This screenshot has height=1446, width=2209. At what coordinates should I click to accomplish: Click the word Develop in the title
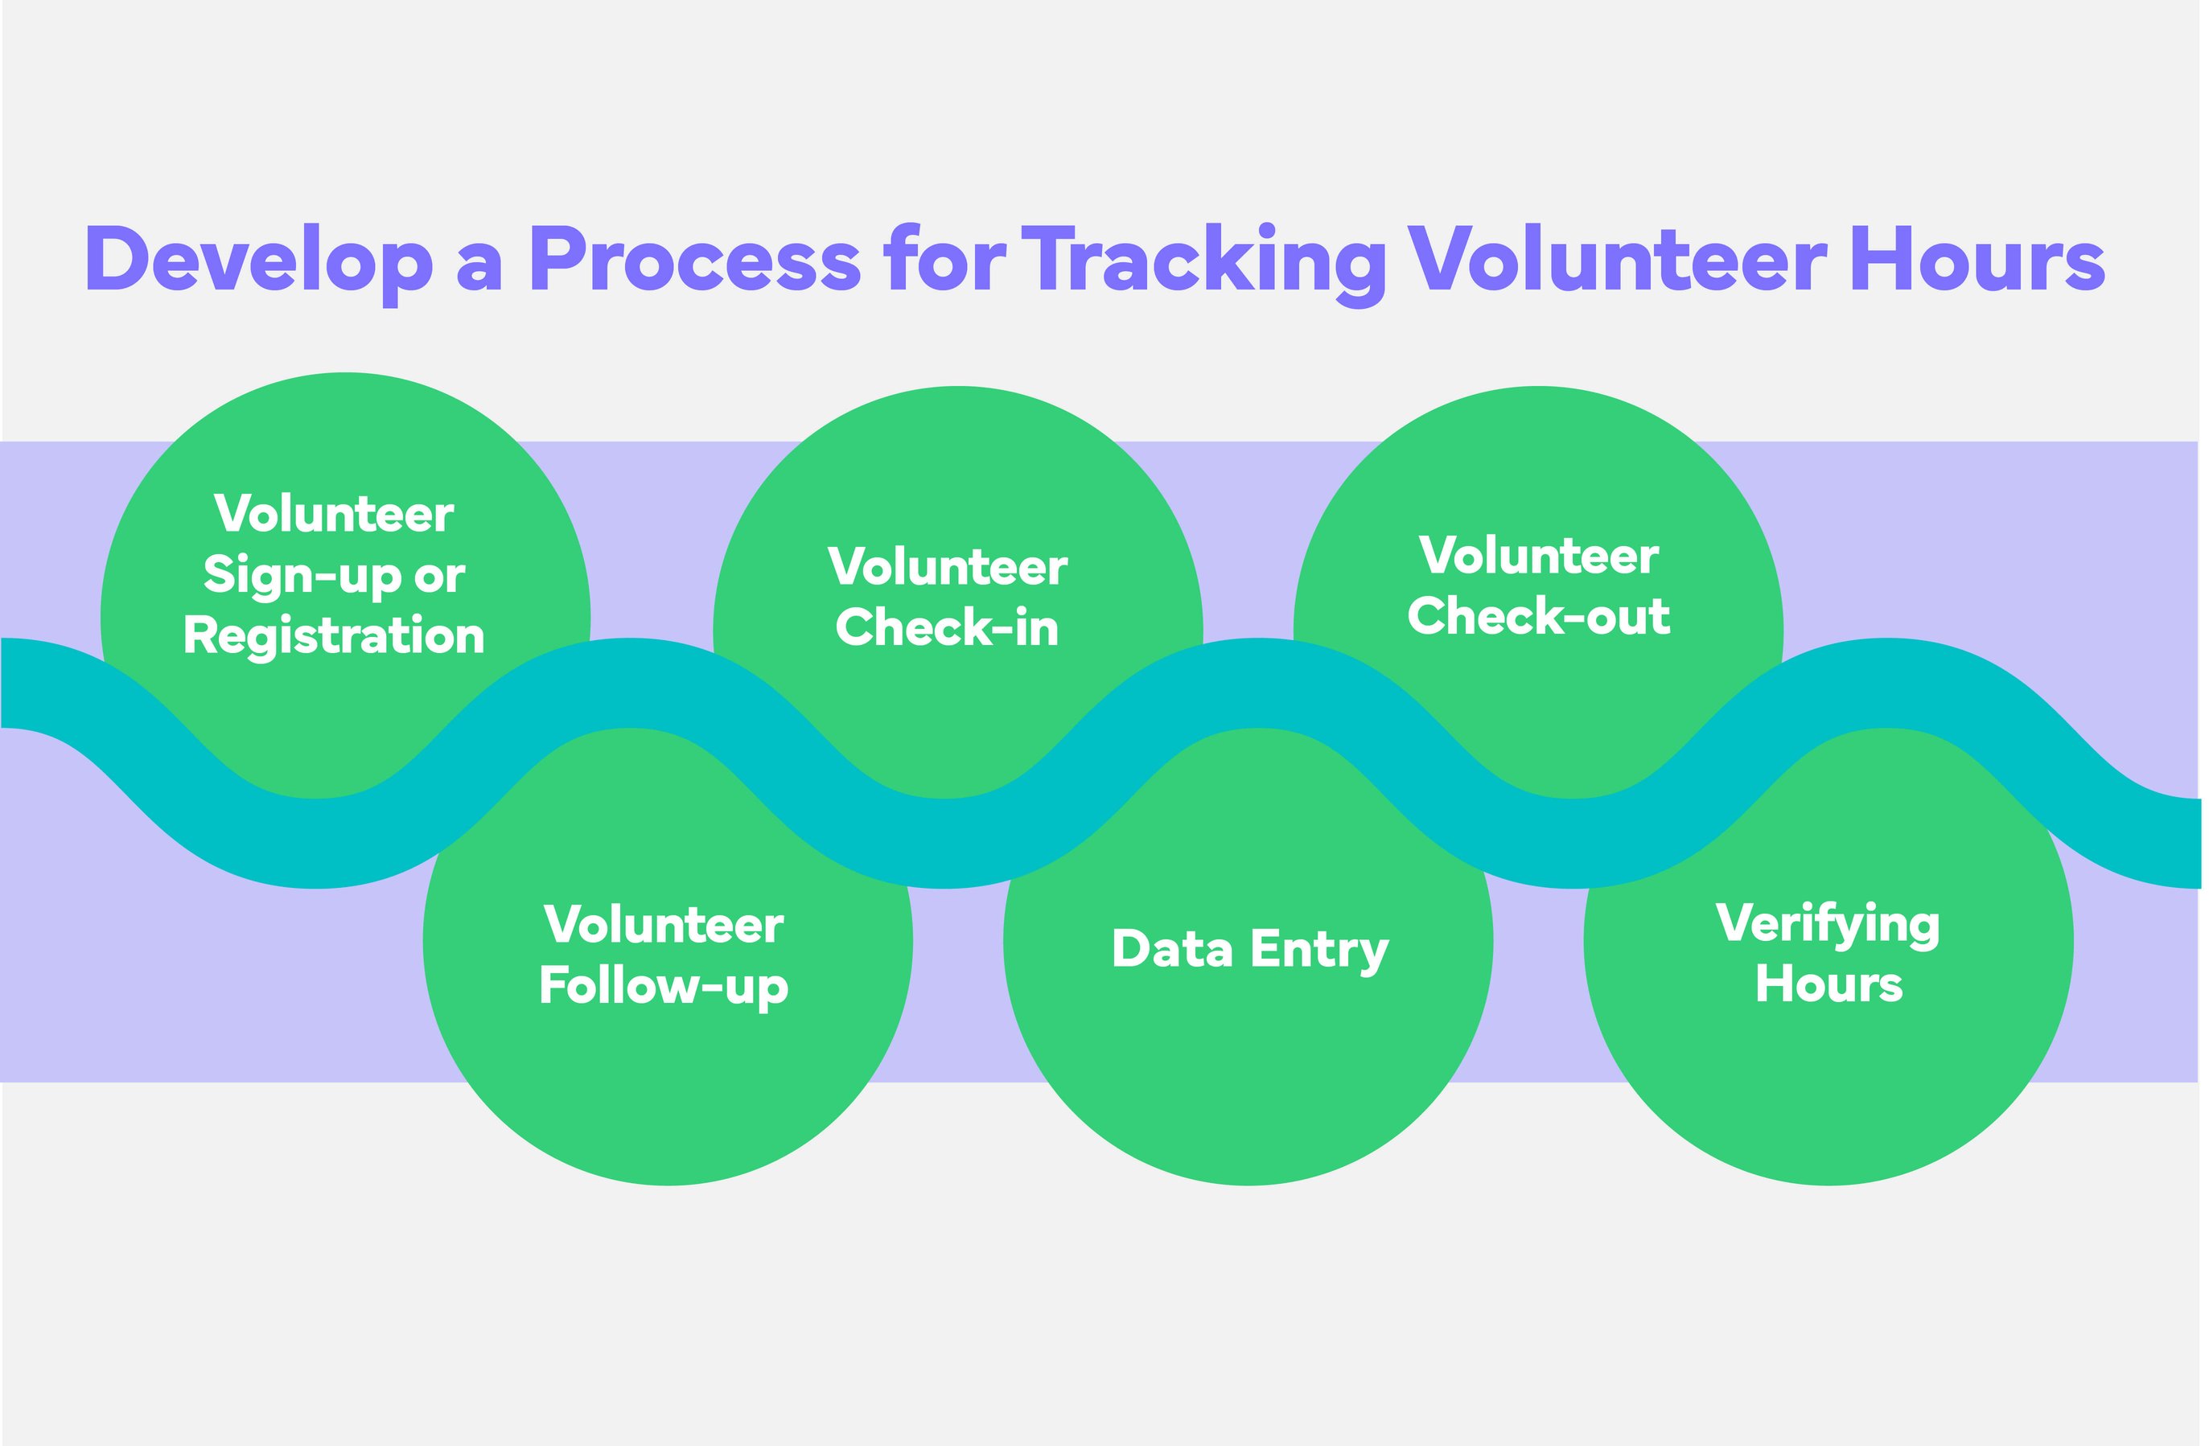click(x=258, y=261)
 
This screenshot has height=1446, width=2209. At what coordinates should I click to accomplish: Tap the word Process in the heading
click(x=695, y=261)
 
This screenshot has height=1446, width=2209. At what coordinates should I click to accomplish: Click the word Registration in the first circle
click(x=334, y=637)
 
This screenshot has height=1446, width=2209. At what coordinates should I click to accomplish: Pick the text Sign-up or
click(x=334, y=577)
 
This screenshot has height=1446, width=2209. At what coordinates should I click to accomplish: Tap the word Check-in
click(x=947, y=628)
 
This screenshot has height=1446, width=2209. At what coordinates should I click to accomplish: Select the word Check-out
click(x=1539, y=617)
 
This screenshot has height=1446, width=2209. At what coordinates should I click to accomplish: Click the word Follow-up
click(x=664, y=986)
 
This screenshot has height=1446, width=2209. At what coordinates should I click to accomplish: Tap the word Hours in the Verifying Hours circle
click(x=1828, y=984)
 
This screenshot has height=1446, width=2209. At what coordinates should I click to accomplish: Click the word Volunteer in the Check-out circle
click(x=1539, y=557)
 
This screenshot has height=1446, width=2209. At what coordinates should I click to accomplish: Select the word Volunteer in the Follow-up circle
click(x=664, y=926)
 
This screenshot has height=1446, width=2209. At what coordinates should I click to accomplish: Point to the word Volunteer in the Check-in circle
click(x=947, y=568)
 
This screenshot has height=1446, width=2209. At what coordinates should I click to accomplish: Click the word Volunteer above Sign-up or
click(x=334, y=515)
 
